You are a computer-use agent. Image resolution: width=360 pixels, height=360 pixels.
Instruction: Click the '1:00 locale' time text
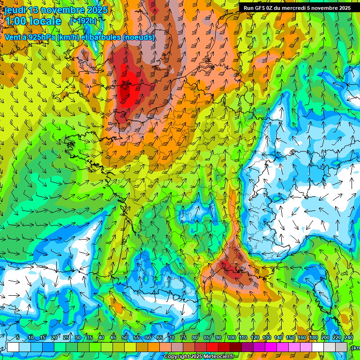click(x=33, y=22)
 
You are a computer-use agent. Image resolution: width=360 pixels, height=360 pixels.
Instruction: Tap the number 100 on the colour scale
click(x=231, y=338)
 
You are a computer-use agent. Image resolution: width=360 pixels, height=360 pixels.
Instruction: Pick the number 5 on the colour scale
click(x=18, y=338)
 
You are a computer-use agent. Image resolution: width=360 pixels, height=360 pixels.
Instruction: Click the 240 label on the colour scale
click(x=348, y=338)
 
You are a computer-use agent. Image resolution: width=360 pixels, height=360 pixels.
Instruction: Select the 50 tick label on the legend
click(x=125, y=338)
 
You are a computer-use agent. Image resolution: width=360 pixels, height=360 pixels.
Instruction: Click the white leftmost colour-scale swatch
click(x=13, y=347)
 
